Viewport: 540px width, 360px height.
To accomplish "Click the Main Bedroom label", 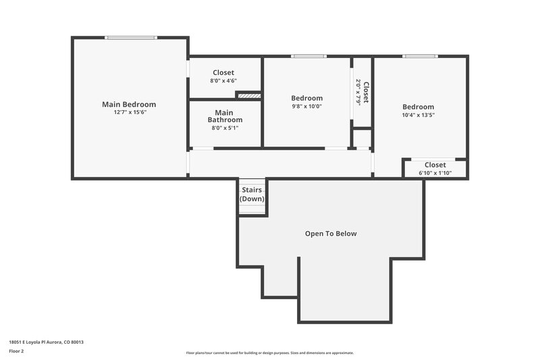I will (x=129, y=104).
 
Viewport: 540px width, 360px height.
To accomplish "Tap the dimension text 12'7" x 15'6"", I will (x=129, y=112).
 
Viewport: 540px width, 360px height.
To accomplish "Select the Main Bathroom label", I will (x=224, y=116).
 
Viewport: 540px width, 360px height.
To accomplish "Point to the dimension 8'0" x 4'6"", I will (x=223, y=80).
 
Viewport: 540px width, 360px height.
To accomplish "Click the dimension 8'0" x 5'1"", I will (x=224, y=128).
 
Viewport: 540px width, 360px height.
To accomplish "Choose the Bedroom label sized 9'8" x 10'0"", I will (x=306, y=98).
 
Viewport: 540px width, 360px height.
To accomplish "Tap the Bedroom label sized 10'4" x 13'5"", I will (x=418, y=107).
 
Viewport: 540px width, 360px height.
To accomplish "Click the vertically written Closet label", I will (x=366, y=92).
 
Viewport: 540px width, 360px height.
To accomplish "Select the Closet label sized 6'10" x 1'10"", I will (x=435, y=165).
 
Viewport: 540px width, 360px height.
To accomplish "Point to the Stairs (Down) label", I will (x=252, y=195).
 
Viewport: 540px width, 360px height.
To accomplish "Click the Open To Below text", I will (x=331, y=234).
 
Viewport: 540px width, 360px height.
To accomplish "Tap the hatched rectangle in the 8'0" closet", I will (x=248, y=96).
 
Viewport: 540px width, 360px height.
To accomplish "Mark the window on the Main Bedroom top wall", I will (x=131, y=38).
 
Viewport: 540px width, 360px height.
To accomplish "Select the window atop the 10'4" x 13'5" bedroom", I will (x=420, y=56).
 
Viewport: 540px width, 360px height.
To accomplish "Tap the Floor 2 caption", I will (x=17, y=351).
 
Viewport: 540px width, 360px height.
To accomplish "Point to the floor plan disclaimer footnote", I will (x=269, y=353).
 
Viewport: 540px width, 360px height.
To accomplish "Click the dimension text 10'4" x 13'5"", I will (x=418, y=115).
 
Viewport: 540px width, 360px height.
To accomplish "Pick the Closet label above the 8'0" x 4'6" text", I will (x=223, y=72).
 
